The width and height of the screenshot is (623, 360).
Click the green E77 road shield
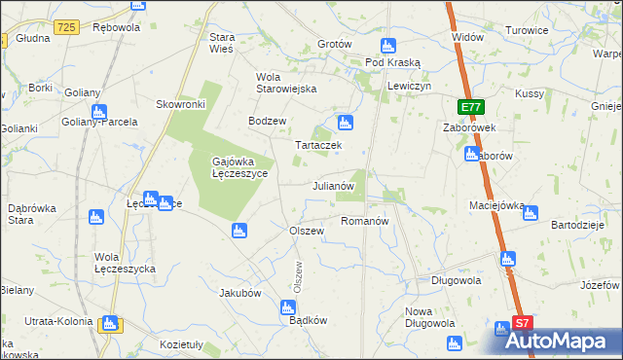pos(471,106)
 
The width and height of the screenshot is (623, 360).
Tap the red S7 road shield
pos(523,323)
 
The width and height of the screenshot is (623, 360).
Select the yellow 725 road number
pos(66,27)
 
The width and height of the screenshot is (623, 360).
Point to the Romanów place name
pos(365,221)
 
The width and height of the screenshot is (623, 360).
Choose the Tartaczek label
pos(317,144)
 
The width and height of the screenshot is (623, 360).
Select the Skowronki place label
pos(179,103)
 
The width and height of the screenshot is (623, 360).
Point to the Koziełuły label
pos(181,344)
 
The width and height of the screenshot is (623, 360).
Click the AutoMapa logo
pos(565,342)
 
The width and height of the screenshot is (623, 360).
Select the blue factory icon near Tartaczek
pos(343,123)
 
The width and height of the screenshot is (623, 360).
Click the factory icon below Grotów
pos(387,45)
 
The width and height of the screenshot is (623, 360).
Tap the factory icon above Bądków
pos(288,307)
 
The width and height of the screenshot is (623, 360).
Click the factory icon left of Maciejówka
pos(531,213)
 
